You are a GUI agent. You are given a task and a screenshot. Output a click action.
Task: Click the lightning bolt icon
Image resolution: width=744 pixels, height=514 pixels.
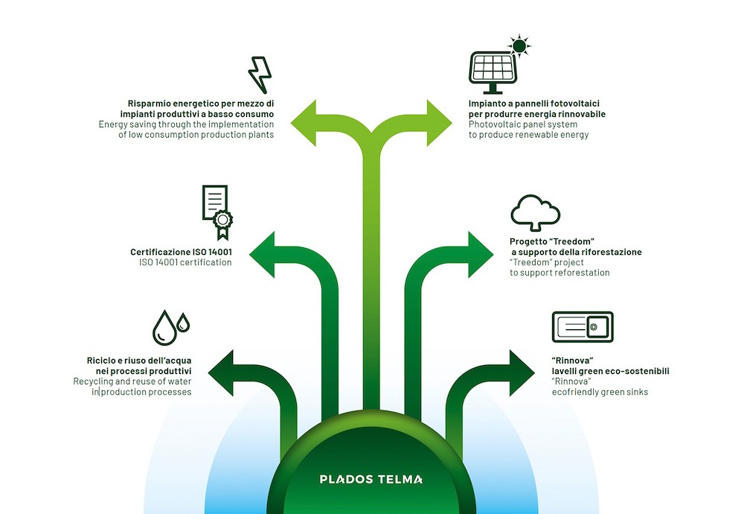(260, 74)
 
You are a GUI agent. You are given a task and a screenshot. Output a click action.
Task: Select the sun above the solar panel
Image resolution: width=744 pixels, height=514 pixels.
(519, 46)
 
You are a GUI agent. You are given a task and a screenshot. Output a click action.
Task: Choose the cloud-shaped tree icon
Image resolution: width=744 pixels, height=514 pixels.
(534, 214)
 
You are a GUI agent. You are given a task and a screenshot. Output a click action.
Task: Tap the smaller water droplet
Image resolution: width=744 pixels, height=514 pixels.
(183, 323)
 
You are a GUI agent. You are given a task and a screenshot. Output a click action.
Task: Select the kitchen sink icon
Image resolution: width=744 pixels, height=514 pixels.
(582, 327)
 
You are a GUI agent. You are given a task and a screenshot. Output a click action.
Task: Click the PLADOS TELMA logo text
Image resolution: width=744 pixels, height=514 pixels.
(371, 479)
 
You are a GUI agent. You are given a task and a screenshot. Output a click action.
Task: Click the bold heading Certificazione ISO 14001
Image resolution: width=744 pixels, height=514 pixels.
(181, 253)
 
